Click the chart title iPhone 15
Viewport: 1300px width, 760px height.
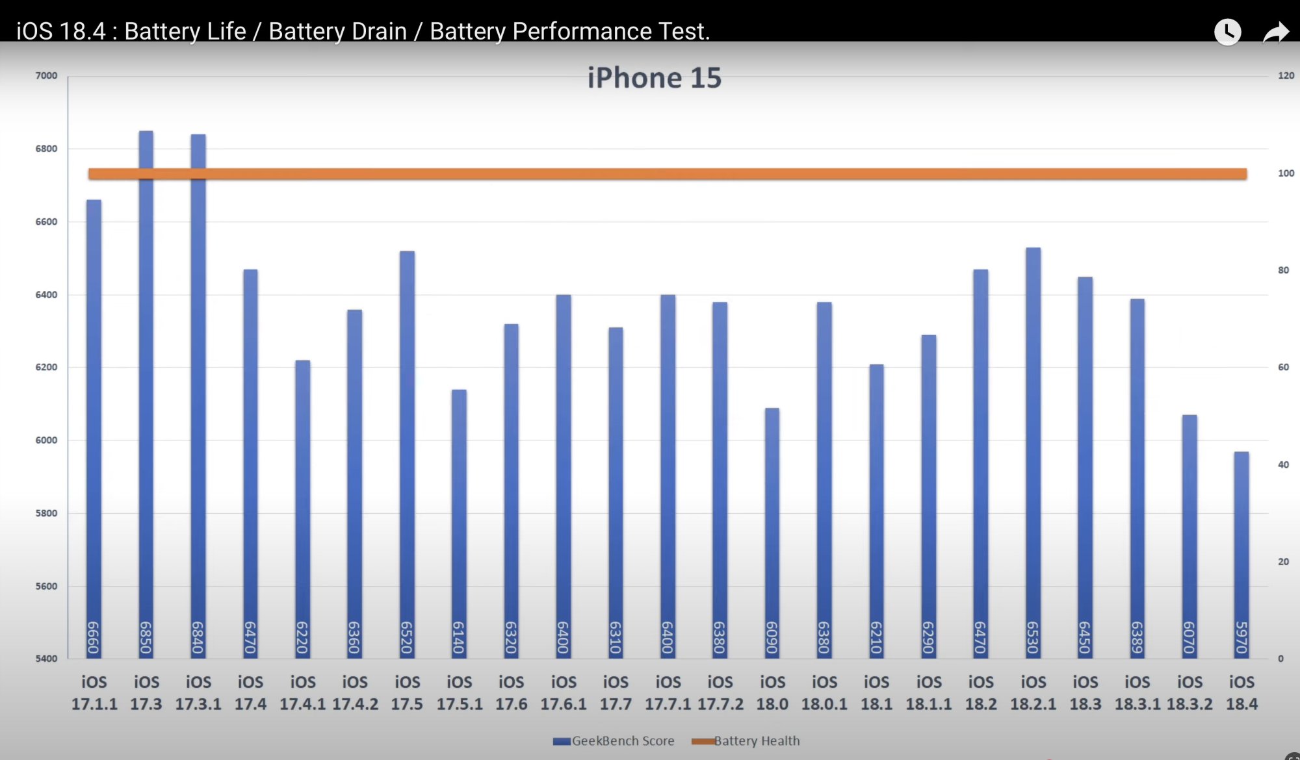pyautogui.click(x=654, y=78)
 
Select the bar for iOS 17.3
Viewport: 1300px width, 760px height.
pyautogui.click(x=146, y=390)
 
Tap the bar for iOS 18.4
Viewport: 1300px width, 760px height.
pyautogui.click(x=1241, y=552)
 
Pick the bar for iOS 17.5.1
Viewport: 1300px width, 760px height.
pyautogui.click(x=459, y=520)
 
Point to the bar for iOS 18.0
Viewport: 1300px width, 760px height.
pyautogui.click(x=772, y=533)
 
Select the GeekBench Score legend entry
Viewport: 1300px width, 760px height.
pyautogui.click(x=614, y=741)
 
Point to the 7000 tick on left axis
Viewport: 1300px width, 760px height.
pyautogui.click(x=46, y=76)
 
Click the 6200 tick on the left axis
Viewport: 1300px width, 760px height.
pyautogui.click(x=46, y=367)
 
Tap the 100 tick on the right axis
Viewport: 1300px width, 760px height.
pyautogui.click(x=1286, y=173)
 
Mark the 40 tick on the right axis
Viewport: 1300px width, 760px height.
pyautogui.click(x=1283, y=464)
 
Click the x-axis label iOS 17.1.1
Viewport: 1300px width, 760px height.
pyautogui.click(x=94, y=693)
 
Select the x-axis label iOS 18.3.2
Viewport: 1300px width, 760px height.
pyautogui.click(x=1189, y=693)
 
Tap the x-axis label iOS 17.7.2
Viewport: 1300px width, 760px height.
pyautogui.click(x=720, y=693)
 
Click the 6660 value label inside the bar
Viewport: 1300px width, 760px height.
pyautogui.click(x=94, y=637)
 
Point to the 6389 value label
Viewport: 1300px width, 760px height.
pyautogui.click(x=1137, y=637)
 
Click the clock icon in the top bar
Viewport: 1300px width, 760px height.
pyautogui.click(x=1227, y=32)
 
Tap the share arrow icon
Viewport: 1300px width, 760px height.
pyautogui.click(x=1275, y=32)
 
